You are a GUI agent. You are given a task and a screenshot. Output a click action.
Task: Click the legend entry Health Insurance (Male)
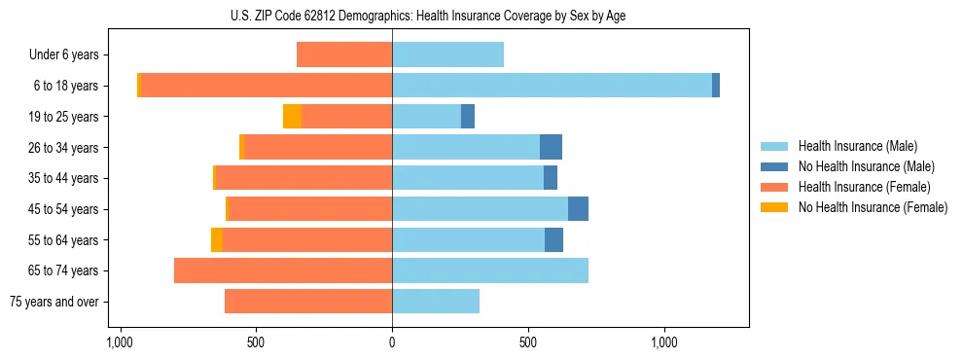click(857, 146)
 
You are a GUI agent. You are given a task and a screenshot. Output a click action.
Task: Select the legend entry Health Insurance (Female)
click(864, 187)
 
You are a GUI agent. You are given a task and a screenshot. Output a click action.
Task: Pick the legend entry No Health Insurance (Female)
click(873, 207)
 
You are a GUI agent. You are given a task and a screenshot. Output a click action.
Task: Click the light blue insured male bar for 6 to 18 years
click(552, 86)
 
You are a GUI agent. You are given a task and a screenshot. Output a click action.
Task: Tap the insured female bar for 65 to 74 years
click(283, 270)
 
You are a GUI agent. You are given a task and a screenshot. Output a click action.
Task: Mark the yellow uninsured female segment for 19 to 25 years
click(292, 117)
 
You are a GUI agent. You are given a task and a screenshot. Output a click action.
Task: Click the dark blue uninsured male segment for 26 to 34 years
click(551, 147)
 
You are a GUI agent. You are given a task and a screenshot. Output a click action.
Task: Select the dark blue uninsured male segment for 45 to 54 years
click(578, 209)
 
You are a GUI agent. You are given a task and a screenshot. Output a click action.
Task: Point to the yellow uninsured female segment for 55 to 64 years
click(217, 239)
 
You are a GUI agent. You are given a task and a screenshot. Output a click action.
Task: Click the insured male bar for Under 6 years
click(447, 54)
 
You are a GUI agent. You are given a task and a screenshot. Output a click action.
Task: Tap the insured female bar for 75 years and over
click(308, 302)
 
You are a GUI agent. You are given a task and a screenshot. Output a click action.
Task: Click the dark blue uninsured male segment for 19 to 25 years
click(468, 117)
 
